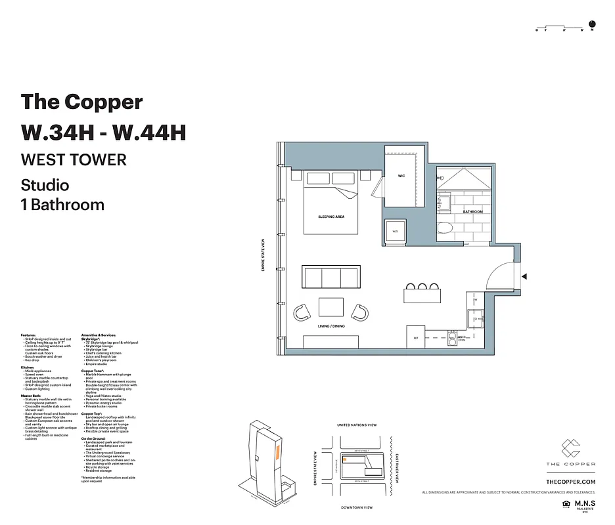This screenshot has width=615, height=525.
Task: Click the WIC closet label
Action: [401, 177]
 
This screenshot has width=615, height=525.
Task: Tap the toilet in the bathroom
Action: [446, 230]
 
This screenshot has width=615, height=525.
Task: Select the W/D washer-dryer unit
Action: [396, 231]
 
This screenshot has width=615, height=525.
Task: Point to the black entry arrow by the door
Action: [524, 278]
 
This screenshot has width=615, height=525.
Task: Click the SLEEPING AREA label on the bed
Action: [331, 216]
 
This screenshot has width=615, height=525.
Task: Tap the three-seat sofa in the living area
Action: [331, 276]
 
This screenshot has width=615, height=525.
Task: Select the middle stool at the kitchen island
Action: [422, 287]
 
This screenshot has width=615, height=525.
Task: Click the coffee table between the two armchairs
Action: [330, 307]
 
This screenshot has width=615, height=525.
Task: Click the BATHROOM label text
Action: [472, 212]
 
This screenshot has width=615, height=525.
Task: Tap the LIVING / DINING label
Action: [331, 326]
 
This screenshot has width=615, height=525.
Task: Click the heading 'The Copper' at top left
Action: [81, 102]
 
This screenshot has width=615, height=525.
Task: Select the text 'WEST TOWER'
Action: [74, 159]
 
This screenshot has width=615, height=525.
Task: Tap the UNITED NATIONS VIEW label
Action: [357, 425]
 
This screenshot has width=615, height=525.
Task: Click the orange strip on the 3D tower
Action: [278, 452]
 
